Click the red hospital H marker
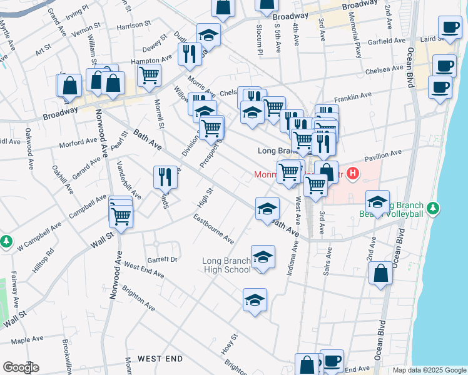(354, 174)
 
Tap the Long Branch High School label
(226, 265)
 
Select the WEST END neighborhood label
(160, 359)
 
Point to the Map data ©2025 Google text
(429, 371)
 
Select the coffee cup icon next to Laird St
(449, 27)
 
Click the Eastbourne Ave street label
(213, 229)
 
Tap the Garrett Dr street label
(162, 259)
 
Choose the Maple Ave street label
(26, 340)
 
